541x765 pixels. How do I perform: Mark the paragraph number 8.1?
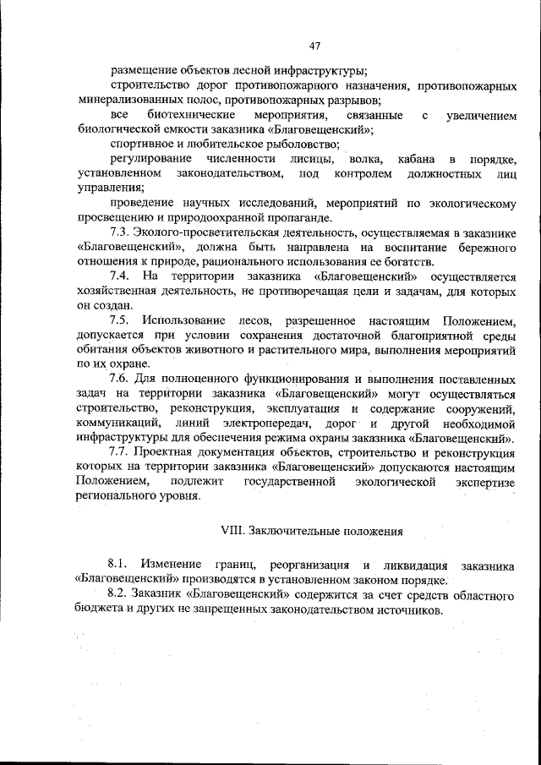[x=119, y=565]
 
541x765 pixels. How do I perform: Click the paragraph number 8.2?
[x=119, y=595]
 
